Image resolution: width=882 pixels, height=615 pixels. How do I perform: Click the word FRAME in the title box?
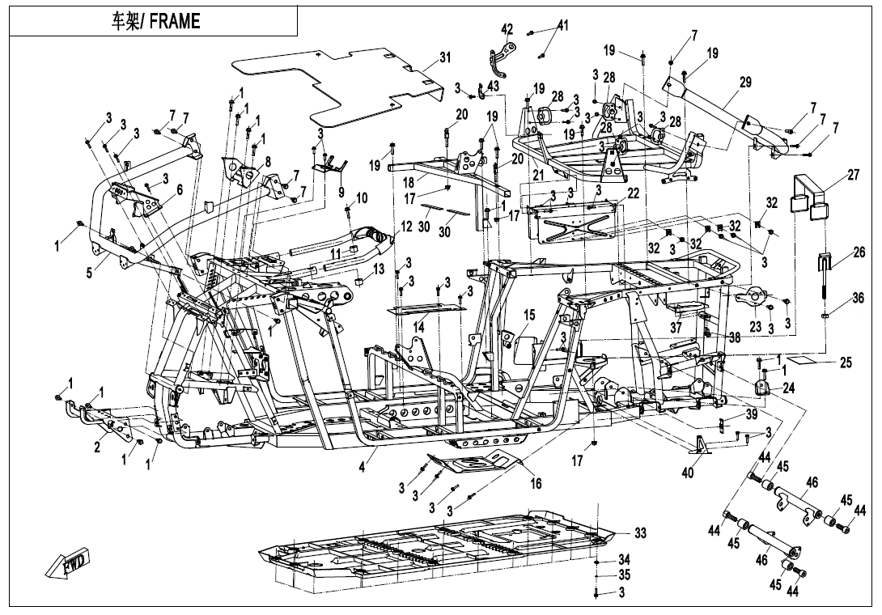175,21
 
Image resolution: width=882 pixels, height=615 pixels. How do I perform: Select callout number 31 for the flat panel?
446,57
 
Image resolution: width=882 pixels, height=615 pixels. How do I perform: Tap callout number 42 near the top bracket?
507,29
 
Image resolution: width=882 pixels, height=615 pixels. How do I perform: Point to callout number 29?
745,83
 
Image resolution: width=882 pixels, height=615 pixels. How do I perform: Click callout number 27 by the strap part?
854,175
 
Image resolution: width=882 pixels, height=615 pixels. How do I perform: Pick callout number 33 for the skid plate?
640,532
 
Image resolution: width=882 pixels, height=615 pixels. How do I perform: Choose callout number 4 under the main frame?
363,466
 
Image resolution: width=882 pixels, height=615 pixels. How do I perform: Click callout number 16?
536,483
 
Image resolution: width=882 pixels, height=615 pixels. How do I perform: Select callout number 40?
687,473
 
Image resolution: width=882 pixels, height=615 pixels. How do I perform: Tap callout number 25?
846,363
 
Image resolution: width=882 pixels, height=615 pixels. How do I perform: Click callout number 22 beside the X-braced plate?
634,193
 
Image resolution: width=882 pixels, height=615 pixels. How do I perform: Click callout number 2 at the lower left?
97,447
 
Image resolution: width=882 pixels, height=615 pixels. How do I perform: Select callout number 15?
528,316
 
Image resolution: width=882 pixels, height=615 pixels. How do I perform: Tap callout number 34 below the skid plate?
624,559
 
